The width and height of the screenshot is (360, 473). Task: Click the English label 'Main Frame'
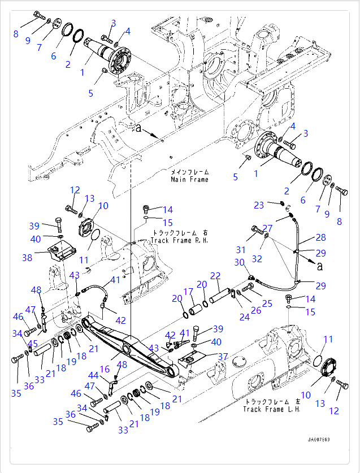(189, 180)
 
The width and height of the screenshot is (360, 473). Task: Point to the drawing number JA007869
(319, 439)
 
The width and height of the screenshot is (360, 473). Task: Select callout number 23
(258, 205)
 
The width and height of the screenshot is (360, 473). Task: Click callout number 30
(239, 262)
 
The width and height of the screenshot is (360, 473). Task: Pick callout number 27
(267, 228)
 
